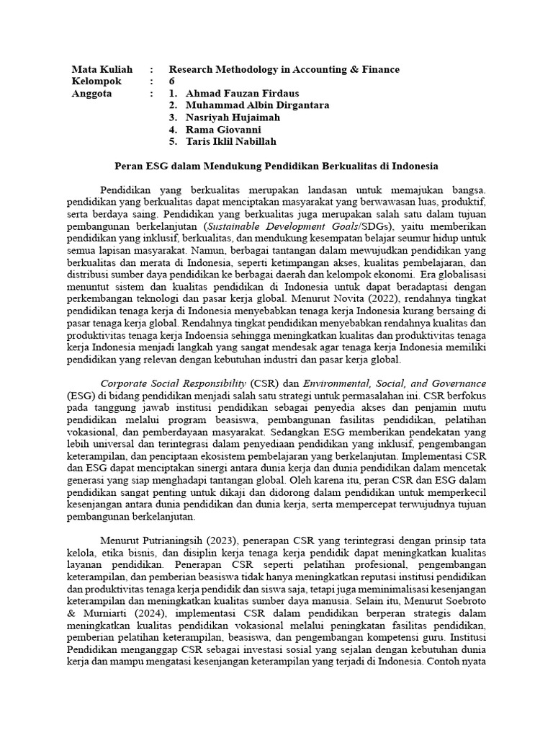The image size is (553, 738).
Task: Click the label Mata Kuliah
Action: [102, 69]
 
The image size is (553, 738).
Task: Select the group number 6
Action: [172, 81]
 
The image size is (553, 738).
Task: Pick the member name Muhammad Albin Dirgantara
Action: [257, 105]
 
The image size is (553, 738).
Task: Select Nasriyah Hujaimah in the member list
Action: [233, 117]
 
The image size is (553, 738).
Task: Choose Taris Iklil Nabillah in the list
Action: [230, 141]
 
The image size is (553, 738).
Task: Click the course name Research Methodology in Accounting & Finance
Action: [284, 69]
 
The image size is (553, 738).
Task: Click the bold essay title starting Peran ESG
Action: [276, 166]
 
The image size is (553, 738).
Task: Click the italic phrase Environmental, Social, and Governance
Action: [394, 383]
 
